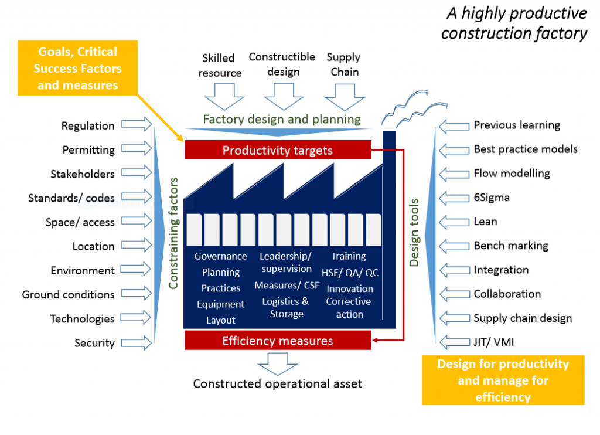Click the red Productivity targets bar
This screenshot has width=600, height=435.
278,150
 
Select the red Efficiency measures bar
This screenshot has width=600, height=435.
278,341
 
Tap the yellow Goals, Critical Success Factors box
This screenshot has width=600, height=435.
78,69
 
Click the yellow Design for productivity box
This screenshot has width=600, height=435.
503,380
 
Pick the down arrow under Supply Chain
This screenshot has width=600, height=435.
343,96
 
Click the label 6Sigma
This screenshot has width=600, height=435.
492,198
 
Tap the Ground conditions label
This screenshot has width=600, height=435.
69,294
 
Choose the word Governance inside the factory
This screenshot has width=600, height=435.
221,256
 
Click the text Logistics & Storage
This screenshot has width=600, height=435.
285,308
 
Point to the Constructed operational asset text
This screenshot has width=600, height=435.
278,384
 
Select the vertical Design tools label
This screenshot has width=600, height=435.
414,232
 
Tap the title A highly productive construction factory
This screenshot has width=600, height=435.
514,23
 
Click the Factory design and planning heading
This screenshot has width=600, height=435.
281,119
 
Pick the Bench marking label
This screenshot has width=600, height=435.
511,246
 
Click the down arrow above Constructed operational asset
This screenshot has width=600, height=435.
278,363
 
